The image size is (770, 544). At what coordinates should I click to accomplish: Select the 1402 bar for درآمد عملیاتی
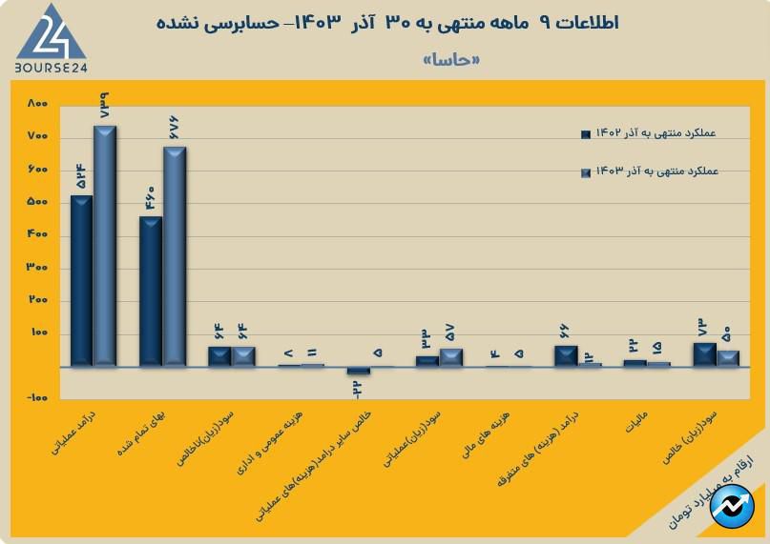click(81, 281)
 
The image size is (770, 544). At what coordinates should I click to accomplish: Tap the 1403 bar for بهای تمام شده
click(175, 256)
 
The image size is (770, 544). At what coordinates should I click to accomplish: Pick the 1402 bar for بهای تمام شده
click(151, 292)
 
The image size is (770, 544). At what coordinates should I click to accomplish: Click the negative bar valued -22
click(358, 371)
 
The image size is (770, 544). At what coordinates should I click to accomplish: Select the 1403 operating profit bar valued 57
click(451, 357)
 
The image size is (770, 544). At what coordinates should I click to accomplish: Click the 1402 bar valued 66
click(566, 356)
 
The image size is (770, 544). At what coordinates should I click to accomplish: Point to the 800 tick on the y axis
click(37, 103)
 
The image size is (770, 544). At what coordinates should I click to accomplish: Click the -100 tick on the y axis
click(37, 399)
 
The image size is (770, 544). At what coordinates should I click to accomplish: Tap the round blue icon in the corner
click(733, 506)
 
